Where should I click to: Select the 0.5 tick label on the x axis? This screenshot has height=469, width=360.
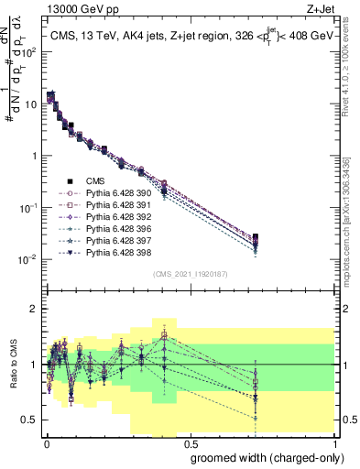coord(188,443)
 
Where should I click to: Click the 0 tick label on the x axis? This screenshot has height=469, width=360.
coord(45,443)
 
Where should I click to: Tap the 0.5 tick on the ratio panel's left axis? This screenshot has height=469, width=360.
coord(30,420)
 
